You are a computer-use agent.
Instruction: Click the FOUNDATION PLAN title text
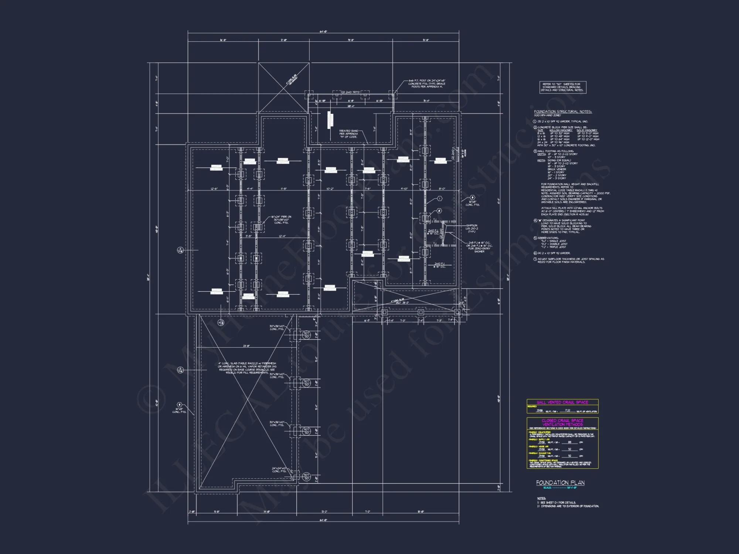tap(560, 483)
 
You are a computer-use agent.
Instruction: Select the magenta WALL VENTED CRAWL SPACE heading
tap(562, 402)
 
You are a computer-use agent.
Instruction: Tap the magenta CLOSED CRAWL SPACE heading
tap(562, 422)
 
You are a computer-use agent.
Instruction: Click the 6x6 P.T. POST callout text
tap(427, 83)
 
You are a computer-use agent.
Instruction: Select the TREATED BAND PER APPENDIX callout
tap(348, 134)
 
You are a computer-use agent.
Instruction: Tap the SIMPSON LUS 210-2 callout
tap(471, 228)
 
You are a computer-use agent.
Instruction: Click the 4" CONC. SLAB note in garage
tap(247, 368)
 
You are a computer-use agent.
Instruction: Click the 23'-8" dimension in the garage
tap(246, 346)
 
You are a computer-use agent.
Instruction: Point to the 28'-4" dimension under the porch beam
tap(350, 106)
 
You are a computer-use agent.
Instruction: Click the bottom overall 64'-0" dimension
tap(323, 520)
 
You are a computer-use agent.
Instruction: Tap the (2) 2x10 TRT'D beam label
tap(350, 92)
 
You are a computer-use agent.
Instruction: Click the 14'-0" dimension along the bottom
tap(267, 512)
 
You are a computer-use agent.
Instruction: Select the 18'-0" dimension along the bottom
tap(420, 512)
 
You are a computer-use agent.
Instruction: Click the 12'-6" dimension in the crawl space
tap(214, 189)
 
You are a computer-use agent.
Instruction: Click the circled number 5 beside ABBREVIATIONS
tap(535, 238)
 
